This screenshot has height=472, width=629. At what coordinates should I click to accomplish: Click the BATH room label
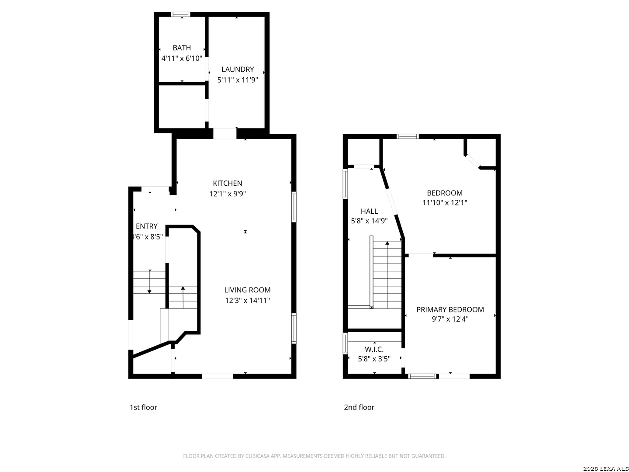[182, 48]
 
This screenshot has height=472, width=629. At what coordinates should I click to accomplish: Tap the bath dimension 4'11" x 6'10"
[182, 59]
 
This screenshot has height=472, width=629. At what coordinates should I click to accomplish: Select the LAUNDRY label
[238, 69]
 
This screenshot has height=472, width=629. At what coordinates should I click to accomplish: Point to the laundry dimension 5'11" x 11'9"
[238, 80]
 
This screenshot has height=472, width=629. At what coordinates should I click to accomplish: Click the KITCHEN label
[227, 183]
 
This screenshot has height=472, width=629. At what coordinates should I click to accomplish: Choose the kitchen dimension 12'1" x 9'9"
[227, 194]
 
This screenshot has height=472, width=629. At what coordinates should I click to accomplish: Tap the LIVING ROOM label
[247, 290]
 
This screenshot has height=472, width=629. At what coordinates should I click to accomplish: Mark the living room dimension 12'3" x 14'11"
[247, 300]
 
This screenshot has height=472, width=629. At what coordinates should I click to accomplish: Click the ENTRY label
[146, 226]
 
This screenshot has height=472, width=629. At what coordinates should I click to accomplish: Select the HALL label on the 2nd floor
[369, 211]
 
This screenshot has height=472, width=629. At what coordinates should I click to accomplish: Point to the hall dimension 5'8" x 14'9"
[369, 221]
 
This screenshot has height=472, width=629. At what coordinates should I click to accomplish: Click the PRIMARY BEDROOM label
[450, 309]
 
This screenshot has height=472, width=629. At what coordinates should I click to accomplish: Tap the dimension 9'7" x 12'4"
[450, 319]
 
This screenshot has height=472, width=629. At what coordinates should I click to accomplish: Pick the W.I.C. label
[374, 349]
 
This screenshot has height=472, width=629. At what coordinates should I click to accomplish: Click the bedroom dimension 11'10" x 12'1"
[445, 203]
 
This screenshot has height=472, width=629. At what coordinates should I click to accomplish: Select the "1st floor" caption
[143, 407]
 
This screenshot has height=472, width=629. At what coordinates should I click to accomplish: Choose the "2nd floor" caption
[359, 407]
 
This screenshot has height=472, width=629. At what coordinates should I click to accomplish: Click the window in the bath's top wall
[180, 14]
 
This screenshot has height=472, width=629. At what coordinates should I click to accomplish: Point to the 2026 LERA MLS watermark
[605, 469]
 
